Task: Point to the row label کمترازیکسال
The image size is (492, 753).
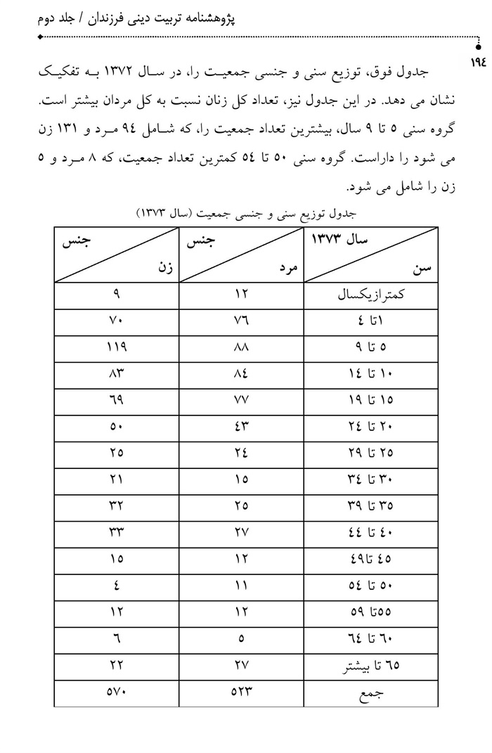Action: pos(371,295)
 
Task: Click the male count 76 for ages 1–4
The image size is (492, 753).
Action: pos(241,321)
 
